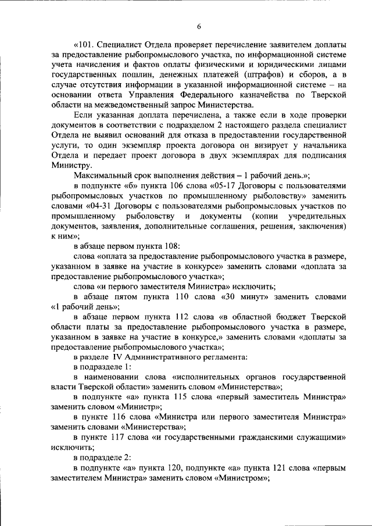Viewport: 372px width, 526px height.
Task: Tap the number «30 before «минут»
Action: point(230,296)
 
